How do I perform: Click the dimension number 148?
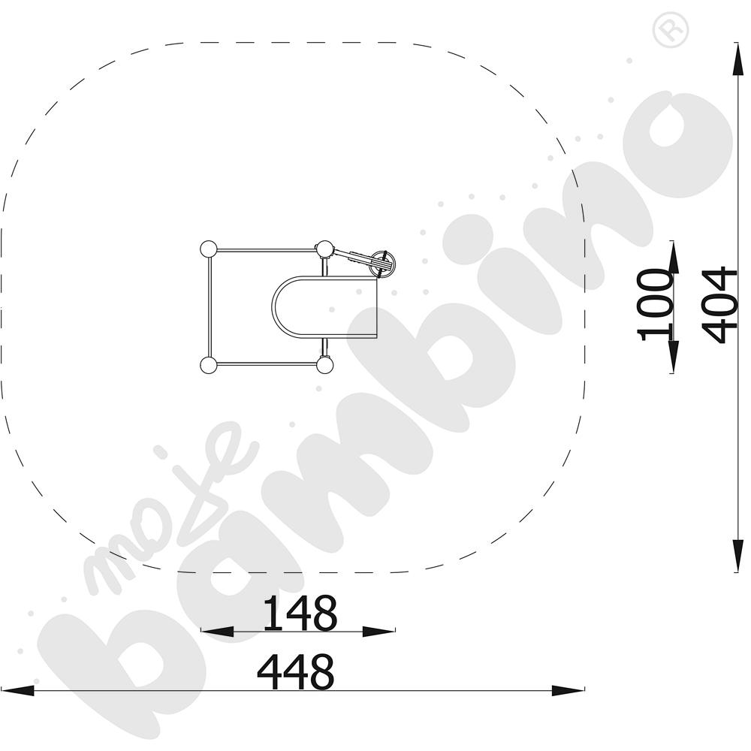tap(300, 613)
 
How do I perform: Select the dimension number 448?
tap(295, 671)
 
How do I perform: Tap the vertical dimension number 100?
tap(654, 305)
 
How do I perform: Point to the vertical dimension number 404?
tap(719, 305)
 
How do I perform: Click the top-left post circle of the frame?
tap(208, 250)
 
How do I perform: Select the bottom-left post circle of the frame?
tap(208, 365)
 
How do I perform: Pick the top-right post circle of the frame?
tap(324, 249)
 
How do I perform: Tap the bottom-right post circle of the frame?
tap(324, 365)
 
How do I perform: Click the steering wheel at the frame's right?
tap(384, 263)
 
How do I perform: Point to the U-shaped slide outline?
tap(273, 307)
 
